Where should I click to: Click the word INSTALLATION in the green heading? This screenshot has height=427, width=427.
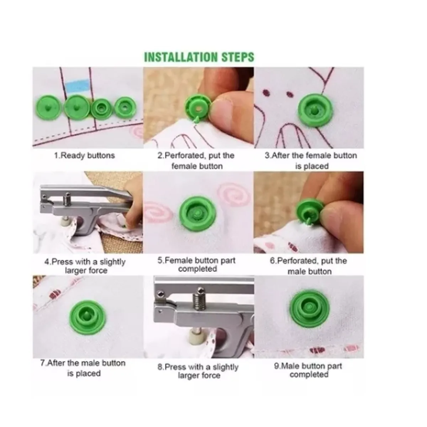181,57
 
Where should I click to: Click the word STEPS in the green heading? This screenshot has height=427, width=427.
238,57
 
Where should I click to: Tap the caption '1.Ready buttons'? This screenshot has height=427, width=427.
84,155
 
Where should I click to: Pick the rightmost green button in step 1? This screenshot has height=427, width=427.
126,107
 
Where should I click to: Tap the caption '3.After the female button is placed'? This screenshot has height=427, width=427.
311,160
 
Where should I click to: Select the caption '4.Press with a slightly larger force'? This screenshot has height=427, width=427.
85,266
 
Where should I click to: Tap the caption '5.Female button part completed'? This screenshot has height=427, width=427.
196,265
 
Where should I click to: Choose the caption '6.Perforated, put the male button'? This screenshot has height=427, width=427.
309,266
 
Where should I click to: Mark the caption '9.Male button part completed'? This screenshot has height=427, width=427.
309,370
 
